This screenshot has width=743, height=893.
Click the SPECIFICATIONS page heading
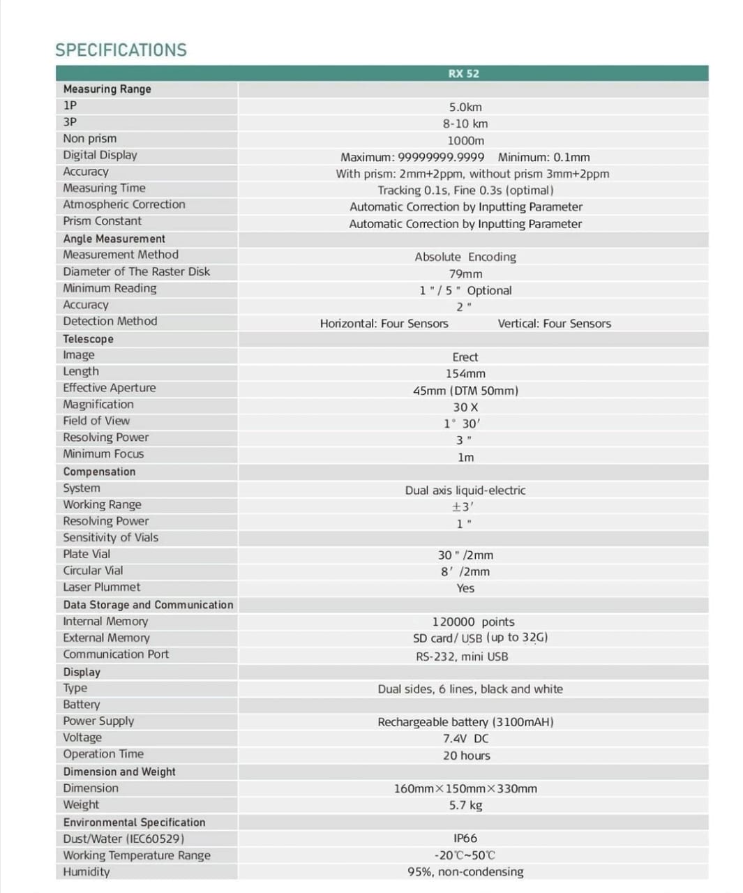click(x=121, y=50)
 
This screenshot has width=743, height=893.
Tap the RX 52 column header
click(x=463, y=73)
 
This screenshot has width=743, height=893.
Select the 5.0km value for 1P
click(x=465, y=107)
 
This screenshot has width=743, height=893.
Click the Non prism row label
click(x=90, y=138)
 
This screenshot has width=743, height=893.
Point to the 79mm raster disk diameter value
click(x=465, y=274)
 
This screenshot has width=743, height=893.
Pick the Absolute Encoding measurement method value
click(x=465, y=257)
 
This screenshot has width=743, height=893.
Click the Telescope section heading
click(x=88, y=339)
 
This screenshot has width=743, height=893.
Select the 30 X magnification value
click(x=465, y=407)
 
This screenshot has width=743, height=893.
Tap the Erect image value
click(x=465, y=357)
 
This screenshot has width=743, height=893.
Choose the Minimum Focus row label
click(x=103, y=453)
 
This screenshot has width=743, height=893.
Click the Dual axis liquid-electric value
click(x=465, y=490)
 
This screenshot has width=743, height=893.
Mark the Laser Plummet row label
click(x=101, y=587)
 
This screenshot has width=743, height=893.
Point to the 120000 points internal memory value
click(x=473, y=622)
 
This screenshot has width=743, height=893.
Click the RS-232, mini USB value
click(x=462, y=656)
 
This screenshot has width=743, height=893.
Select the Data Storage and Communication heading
click(x=148, y=605)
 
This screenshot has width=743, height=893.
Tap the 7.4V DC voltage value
click(x=465, y=739)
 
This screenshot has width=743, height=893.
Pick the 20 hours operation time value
click(x=466, y=756)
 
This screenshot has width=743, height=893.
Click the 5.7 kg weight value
click(x=465, y=805)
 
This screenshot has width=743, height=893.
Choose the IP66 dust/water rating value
click(x=465, y=839)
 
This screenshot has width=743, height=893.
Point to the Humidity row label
click(x=87, y=871)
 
